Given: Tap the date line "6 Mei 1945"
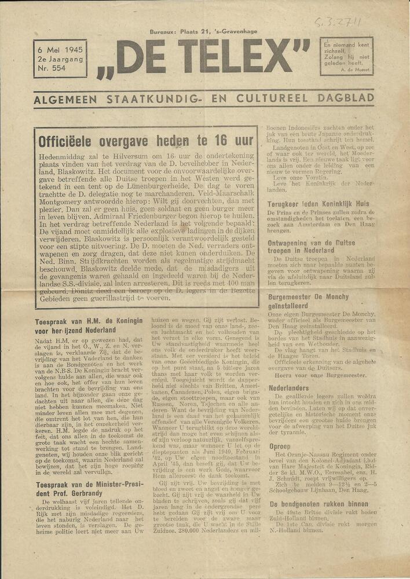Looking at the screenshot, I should (60, 48).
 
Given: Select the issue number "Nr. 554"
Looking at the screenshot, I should (51, 68).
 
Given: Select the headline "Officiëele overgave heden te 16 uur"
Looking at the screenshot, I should (145, 141).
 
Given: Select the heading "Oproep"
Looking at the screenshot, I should (280, 446).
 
